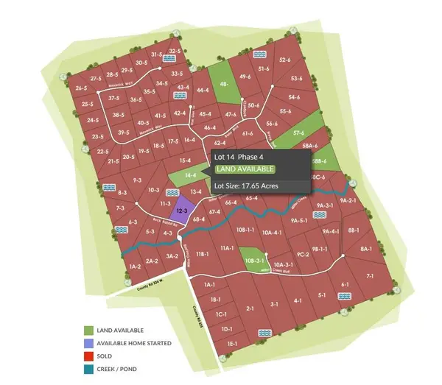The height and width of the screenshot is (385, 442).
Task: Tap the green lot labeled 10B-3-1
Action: (253, 260)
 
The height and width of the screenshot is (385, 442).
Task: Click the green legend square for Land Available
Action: (89, 331)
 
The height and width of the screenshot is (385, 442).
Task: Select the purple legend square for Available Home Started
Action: (89, 343)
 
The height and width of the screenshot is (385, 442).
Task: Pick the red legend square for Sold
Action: (89, 356)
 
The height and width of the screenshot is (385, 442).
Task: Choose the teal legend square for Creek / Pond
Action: (89, 368)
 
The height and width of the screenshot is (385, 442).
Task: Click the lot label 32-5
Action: (175, 51)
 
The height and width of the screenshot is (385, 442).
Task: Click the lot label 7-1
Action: (370, 276)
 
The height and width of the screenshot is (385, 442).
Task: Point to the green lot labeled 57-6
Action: (298, 133)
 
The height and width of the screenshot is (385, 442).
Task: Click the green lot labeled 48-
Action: (224, 84)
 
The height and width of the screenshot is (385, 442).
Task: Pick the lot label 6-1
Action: (344, 285)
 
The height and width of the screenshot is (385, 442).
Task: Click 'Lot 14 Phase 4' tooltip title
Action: (238, 157)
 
